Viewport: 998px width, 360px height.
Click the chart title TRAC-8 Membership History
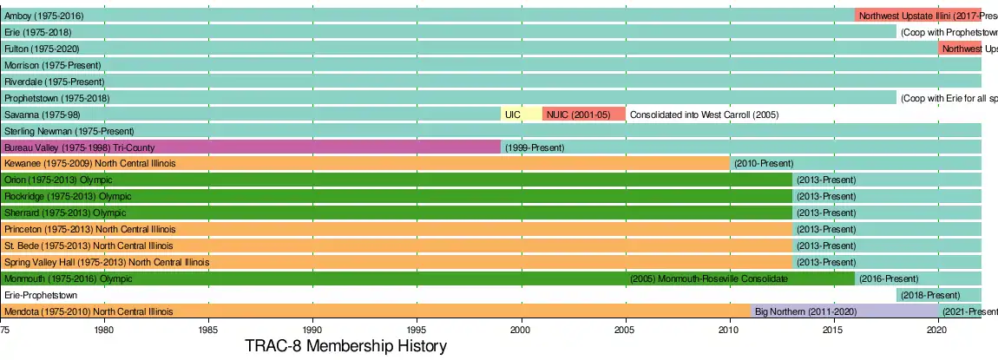coord(345,347)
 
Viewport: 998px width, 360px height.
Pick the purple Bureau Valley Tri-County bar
coord(251,147)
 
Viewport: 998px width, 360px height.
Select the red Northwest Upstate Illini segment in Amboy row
coord(917,16)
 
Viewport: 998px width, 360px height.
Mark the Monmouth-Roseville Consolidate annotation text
coord(710,278)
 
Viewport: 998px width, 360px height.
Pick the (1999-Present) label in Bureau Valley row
coord(535,147)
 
